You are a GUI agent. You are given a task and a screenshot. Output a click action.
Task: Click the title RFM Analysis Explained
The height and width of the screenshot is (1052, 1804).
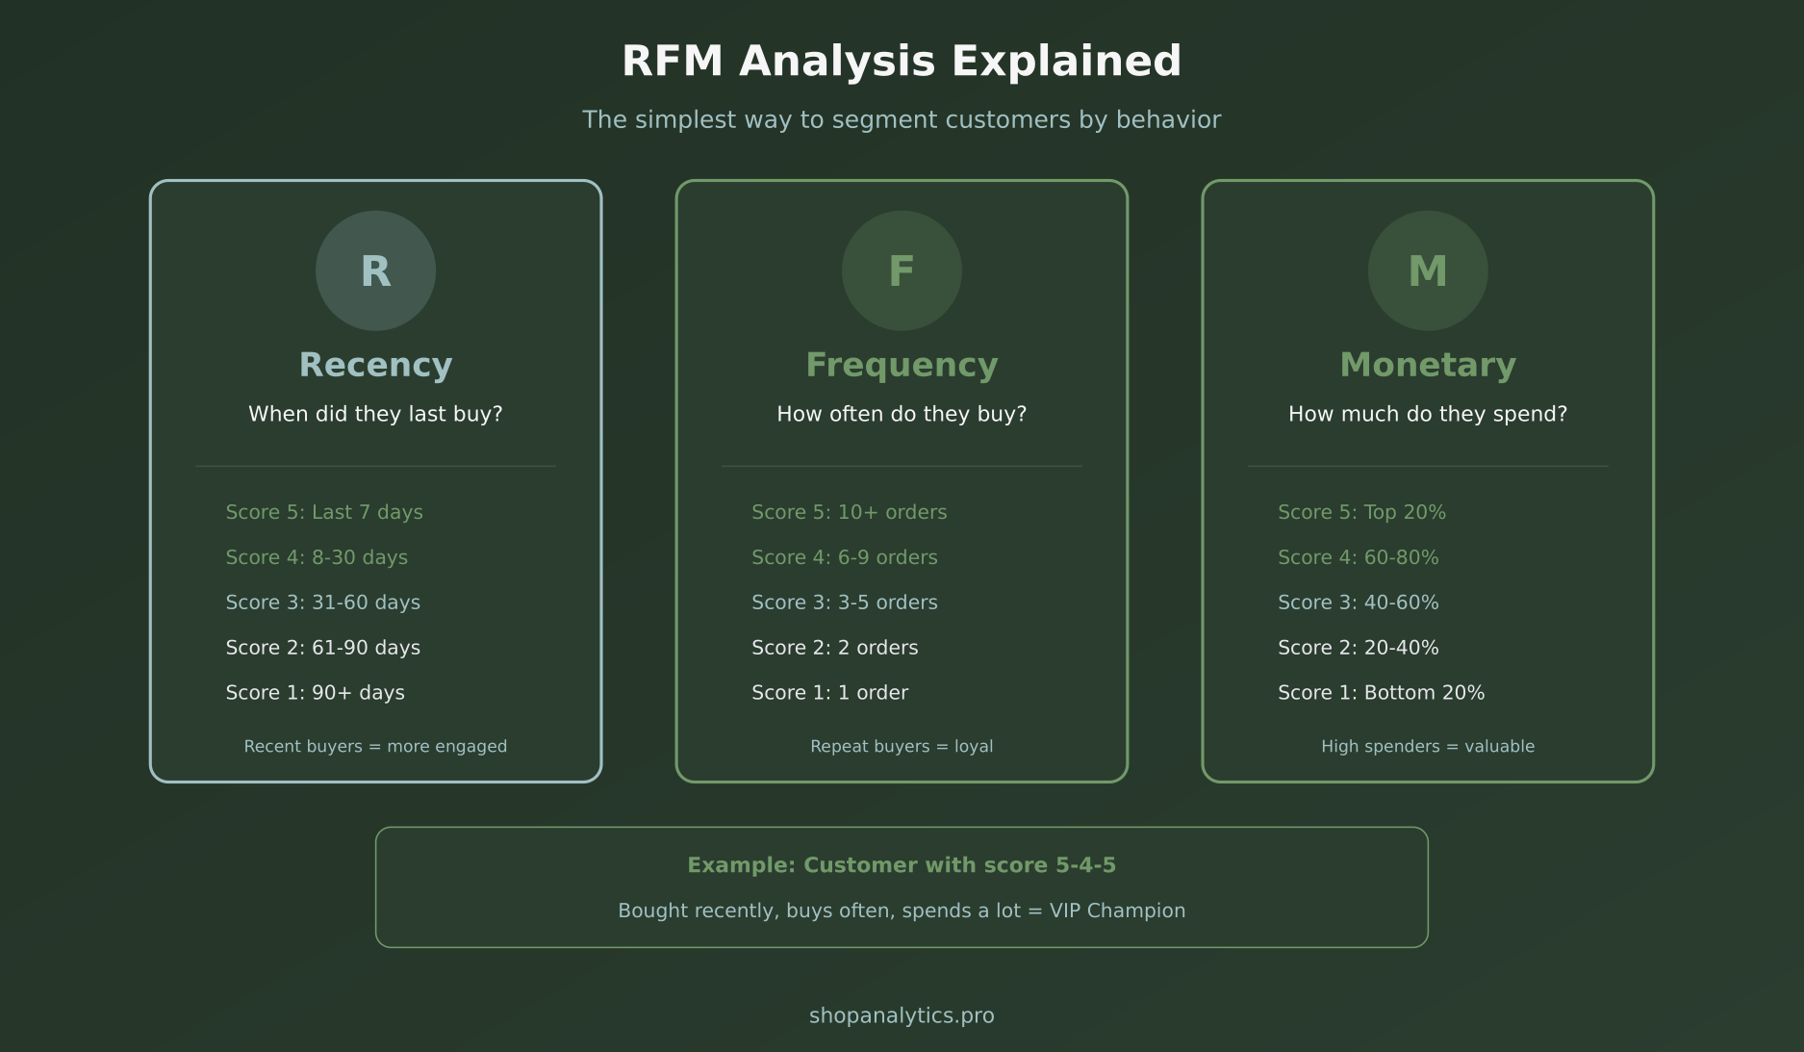(902, 61)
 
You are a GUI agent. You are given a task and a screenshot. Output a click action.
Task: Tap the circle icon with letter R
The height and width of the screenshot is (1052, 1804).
(375, 270)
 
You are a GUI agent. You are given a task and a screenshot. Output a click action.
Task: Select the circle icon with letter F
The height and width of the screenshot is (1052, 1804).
(902, 270)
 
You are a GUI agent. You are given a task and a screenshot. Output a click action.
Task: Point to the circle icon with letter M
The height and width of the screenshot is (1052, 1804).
(1428, 270)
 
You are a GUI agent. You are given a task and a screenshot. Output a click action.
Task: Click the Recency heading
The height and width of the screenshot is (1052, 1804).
(375, 365)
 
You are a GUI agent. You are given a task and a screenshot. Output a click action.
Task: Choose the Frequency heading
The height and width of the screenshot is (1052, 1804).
(902, 365)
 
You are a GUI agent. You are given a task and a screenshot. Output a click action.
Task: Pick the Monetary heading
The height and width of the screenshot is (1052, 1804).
(1428, 365)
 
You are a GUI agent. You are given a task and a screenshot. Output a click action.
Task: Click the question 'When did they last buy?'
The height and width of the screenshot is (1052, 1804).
(375, 414)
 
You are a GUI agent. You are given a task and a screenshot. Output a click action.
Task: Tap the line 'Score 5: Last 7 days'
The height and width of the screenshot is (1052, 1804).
(324, 512)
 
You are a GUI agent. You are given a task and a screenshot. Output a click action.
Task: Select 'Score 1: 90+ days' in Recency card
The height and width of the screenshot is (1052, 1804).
(315, 693)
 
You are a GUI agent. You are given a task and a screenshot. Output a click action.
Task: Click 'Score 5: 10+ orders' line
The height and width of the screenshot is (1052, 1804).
(849, 512)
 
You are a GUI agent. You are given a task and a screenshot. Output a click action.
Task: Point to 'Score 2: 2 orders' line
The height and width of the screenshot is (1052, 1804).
(834, 648)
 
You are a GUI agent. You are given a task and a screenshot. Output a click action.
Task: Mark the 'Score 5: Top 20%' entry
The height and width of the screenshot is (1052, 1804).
(1361, 512)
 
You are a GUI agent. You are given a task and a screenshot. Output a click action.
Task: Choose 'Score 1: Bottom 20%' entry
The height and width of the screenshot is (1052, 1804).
(1381, 693)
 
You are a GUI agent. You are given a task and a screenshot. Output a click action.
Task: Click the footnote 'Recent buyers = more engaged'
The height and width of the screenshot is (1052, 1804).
(375, 746)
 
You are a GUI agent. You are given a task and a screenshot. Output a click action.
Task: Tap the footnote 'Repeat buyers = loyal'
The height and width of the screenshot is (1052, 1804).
(902, 746)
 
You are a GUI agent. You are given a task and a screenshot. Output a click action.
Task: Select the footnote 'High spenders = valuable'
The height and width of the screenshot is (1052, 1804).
(1428, 746)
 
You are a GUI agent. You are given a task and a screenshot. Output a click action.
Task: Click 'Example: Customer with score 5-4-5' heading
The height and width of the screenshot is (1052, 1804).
(902, 865)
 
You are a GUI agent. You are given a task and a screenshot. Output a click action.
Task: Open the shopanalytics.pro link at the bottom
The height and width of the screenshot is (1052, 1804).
(902, 1015)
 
